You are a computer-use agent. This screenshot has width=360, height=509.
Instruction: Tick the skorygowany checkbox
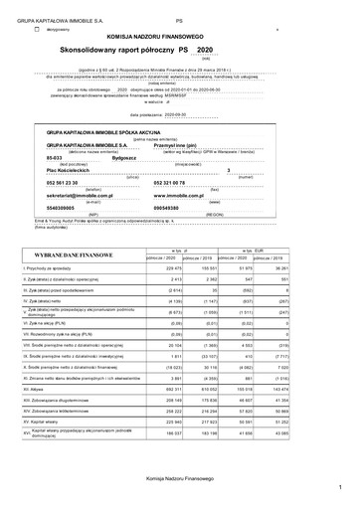(x=37, y=29)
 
